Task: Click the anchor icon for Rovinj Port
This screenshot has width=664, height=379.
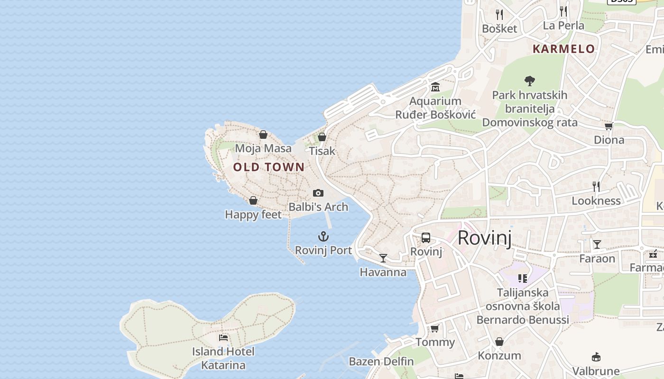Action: pos(323,236)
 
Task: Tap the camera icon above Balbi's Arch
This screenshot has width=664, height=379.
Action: pos(318,193)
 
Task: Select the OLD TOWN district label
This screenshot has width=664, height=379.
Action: pos(268,167)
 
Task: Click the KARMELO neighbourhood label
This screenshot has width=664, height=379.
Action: pos(563,49)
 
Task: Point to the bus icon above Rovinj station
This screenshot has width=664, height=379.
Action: pos(426,238)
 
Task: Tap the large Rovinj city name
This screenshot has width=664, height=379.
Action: pos(484,238)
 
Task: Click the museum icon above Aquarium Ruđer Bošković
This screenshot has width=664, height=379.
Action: pos(435,87)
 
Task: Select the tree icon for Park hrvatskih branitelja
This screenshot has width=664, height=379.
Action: pos(530,81)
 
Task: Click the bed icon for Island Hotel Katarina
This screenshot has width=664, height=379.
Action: pos(223,338)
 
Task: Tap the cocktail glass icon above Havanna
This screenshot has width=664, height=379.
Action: pos(383,258)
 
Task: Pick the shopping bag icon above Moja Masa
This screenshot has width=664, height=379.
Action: pos(263,135)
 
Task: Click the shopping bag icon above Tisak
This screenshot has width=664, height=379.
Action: pos(322,137)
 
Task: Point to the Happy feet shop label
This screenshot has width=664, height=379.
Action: pos(253,215)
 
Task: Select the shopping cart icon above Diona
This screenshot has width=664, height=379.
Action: pos(609,126)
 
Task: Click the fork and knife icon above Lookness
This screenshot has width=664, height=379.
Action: pos(596,187)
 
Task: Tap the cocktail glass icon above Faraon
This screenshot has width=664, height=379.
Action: pos(597,244)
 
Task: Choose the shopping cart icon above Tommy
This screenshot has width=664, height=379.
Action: pos(435,328)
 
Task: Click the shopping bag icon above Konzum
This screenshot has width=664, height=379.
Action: pos(499,342)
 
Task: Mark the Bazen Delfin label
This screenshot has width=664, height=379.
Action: pos(381,361)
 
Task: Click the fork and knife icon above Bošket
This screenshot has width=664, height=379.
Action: pos(499,14)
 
